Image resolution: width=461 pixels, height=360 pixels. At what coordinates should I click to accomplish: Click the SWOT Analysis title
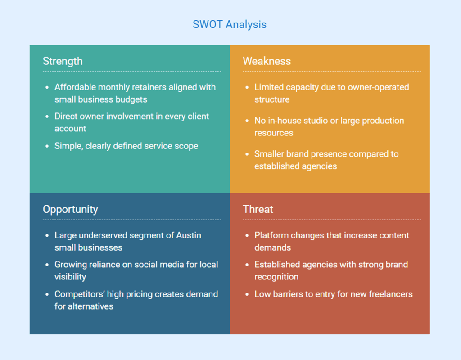click(230, 24)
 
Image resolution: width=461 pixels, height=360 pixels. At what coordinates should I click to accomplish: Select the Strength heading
click(63, 61)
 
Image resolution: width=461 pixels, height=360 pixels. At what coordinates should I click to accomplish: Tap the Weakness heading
click(267, 61)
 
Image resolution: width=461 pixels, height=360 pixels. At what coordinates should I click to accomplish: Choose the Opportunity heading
click(70, 209)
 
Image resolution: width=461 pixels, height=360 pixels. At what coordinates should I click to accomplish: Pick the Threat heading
click(258, 209)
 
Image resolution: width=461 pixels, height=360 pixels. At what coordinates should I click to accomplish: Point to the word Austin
click(189, 235)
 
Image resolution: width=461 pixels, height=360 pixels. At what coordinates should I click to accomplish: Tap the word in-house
click(285, 121)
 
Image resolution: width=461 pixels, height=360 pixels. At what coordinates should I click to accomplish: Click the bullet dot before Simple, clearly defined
click(47, 147)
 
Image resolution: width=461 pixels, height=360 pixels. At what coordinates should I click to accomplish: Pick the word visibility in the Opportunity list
click(70, 277)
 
